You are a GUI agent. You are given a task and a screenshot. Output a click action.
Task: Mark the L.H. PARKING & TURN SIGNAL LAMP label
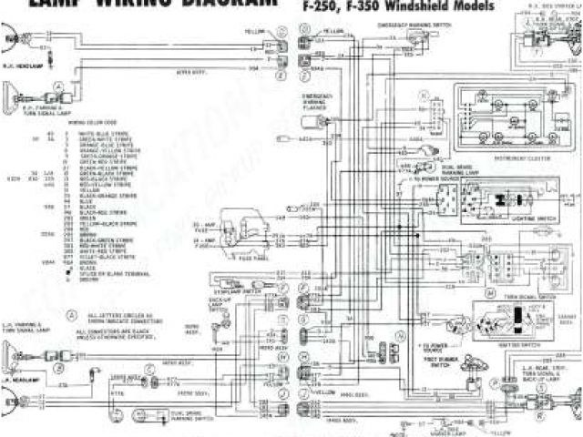click(x=22, y=324)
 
